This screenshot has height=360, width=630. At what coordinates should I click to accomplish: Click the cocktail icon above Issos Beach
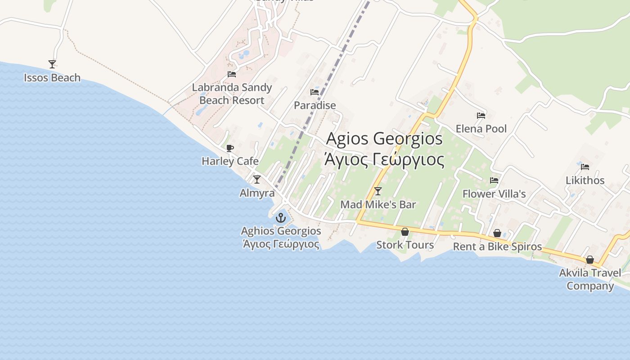[52, 64]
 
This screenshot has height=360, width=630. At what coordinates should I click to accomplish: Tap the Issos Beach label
[52, 78]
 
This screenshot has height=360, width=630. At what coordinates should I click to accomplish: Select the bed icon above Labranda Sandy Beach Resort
[232, 74]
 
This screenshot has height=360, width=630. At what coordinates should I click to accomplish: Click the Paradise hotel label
[315, 105]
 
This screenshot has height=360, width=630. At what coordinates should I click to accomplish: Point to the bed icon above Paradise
[315, 92]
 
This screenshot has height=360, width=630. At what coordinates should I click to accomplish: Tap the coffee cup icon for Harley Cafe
[230, 148]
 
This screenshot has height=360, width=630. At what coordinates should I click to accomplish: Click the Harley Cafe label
[230, 161]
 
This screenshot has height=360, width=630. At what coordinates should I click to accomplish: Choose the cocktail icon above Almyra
[257, 180]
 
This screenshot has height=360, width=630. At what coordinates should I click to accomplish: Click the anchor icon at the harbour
[281, 218]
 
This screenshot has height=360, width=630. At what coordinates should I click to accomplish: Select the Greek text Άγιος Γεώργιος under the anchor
[281, 244]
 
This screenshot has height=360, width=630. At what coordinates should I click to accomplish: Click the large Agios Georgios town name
[384, 139]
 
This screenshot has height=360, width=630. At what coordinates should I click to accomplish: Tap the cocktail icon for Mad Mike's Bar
[378, 191]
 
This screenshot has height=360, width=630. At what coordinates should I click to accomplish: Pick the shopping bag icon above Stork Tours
[405, 232]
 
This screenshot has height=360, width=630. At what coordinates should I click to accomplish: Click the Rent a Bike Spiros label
[497, 247]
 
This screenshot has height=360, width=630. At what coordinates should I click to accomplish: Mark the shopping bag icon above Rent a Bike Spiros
[497, 233]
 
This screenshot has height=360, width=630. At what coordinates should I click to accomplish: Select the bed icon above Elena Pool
[481, 116]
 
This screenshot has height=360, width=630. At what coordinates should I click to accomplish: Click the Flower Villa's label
[494, 194]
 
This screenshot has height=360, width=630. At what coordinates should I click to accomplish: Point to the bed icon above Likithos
[585, 167]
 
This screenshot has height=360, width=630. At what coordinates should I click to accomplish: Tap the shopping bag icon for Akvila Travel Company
[590, 260]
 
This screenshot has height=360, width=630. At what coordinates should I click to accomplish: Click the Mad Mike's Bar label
[378, 205]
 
